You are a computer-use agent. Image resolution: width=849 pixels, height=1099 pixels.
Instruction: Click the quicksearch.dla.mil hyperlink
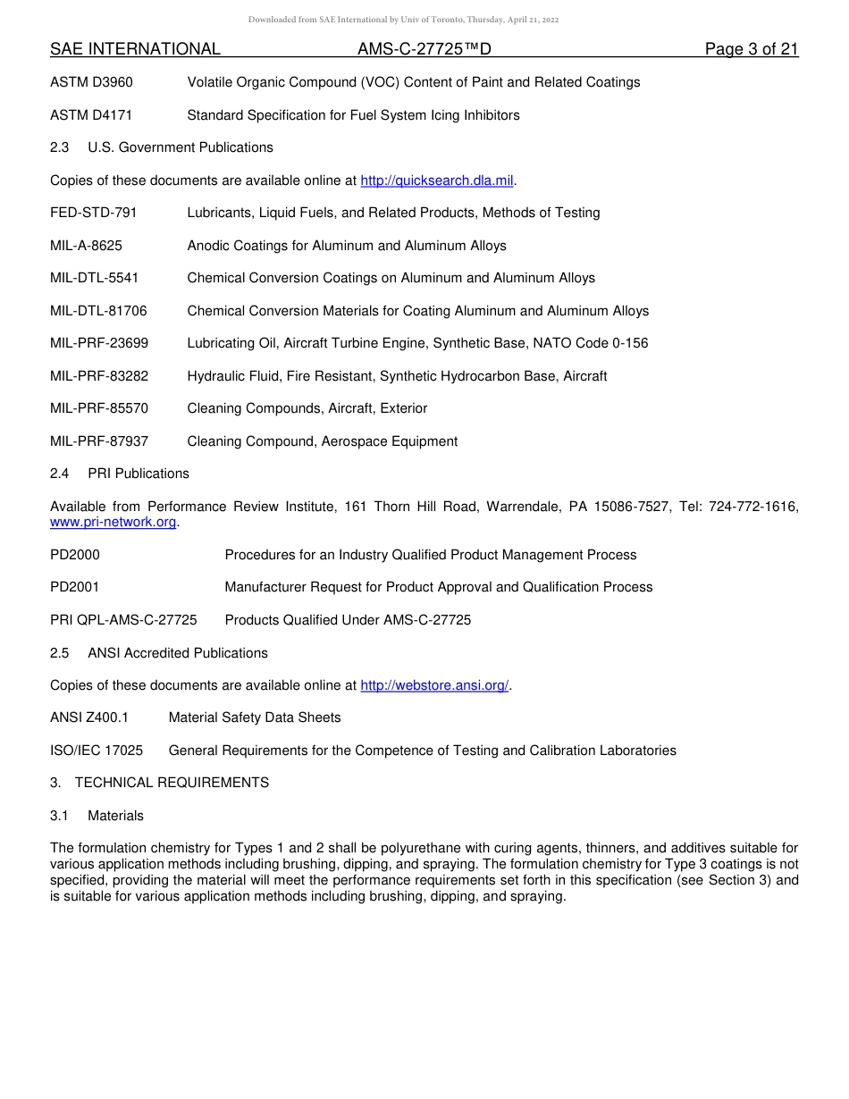tap(436, 180)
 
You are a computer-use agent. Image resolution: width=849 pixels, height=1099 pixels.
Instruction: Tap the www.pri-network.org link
tap(113, 522)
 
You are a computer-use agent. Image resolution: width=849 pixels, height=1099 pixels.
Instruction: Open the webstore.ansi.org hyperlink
tap(434, 685)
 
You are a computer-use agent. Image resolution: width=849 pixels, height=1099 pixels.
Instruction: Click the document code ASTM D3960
tap(91, 82)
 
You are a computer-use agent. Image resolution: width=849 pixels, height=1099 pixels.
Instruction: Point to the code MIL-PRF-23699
tap(99, 343)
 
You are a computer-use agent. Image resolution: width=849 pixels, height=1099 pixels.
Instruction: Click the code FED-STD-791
tap(94, 213)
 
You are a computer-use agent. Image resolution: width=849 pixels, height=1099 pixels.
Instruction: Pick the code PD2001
tap(75, 587)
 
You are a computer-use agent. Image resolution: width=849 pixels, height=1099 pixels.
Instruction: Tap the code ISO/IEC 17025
tap(97, 751)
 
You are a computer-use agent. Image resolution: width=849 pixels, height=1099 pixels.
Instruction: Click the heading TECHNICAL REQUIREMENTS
tap(172, 783)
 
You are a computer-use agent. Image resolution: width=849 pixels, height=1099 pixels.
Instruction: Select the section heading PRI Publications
tap(139, 474)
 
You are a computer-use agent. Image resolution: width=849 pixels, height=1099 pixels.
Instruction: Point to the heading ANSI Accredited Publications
tap(178, 653)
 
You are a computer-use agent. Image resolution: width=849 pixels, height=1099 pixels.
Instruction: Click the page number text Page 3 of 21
tap(751, 49)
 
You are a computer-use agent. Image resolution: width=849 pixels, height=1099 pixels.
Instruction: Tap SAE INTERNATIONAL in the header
tap(135, 49)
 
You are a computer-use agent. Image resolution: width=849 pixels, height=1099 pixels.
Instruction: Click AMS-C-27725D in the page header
tap(424, 49)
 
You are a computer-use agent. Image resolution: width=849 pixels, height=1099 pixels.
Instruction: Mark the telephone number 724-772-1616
tap(753, 507)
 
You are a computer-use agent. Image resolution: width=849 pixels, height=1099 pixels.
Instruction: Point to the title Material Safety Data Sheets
tap(255, 717)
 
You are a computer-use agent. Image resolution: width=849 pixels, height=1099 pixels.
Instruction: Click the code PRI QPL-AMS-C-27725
tap(123, 620)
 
